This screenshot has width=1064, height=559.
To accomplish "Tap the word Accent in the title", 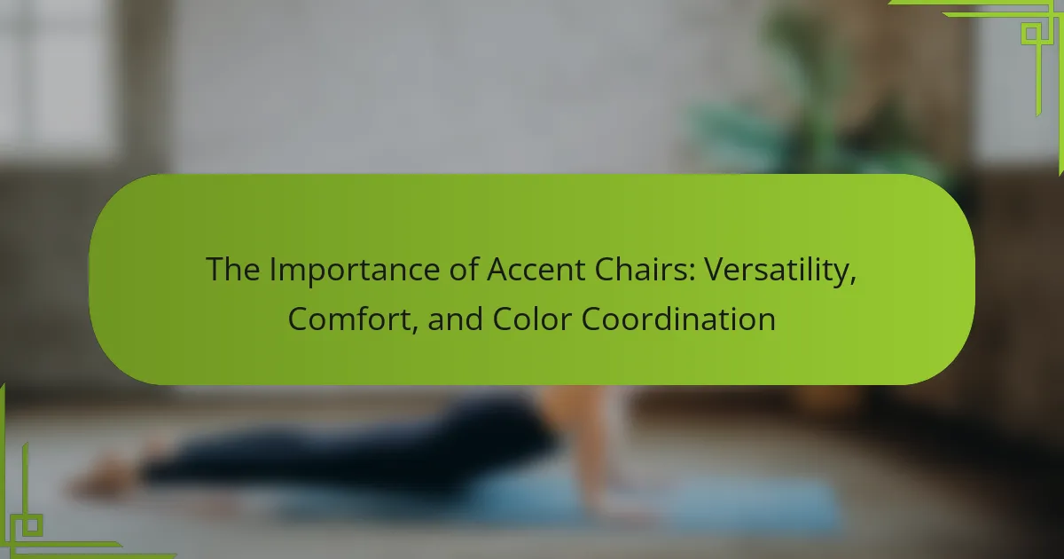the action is click(x=536, y=270).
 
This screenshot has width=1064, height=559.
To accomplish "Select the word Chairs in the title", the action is click(x=641, y=269).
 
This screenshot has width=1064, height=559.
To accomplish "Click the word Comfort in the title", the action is click(x=349, y=319).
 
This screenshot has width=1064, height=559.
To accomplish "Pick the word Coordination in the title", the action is click(x=678, y=319).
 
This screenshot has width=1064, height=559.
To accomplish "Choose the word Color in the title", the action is click(x=532, y=319).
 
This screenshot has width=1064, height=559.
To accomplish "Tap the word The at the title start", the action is click(x=232, y=270).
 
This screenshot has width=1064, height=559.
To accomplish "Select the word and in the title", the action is click(x=455, y=319).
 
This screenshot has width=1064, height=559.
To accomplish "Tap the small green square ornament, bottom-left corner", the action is click(x=32, y=525).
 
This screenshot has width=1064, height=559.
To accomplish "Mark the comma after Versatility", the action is click(x=853, y=282).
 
